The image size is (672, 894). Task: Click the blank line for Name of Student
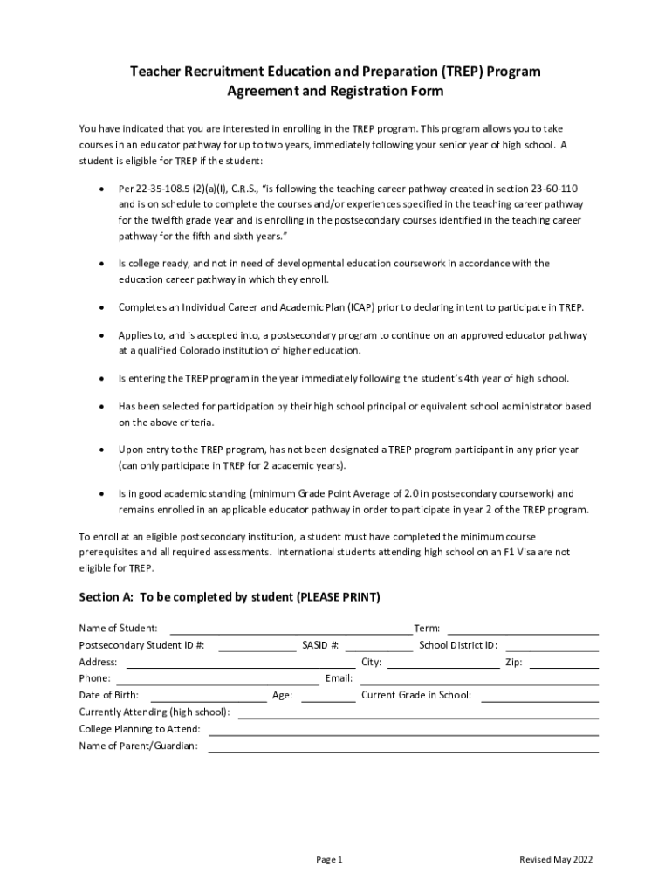pos(291,629)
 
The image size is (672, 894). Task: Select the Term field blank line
pos(522,629)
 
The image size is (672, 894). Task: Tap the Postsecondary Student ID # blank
pos(257,646)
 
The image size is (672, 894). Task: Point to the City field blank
pos(442,663)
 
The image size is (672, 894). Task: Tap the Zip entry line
pos(564,663)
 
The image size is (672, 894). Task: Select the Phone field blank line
pos(217,679)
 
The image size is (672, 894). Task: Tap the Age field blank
pos(329,696)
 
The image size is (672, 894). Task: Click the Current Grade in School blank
pos(539,696)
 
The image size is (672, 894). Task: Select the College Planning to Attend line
pos(403,730)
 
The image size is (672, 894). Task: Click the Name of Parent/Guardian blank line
pos(403,746)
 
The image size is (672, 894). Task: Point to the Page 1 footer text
pos(329,860)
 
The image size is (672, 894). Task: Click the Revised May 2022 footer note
pos(556,860)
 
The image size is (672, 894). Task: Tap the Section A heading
pos(230,597)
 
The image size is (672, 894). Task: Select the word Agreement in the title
pos(259,91)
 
